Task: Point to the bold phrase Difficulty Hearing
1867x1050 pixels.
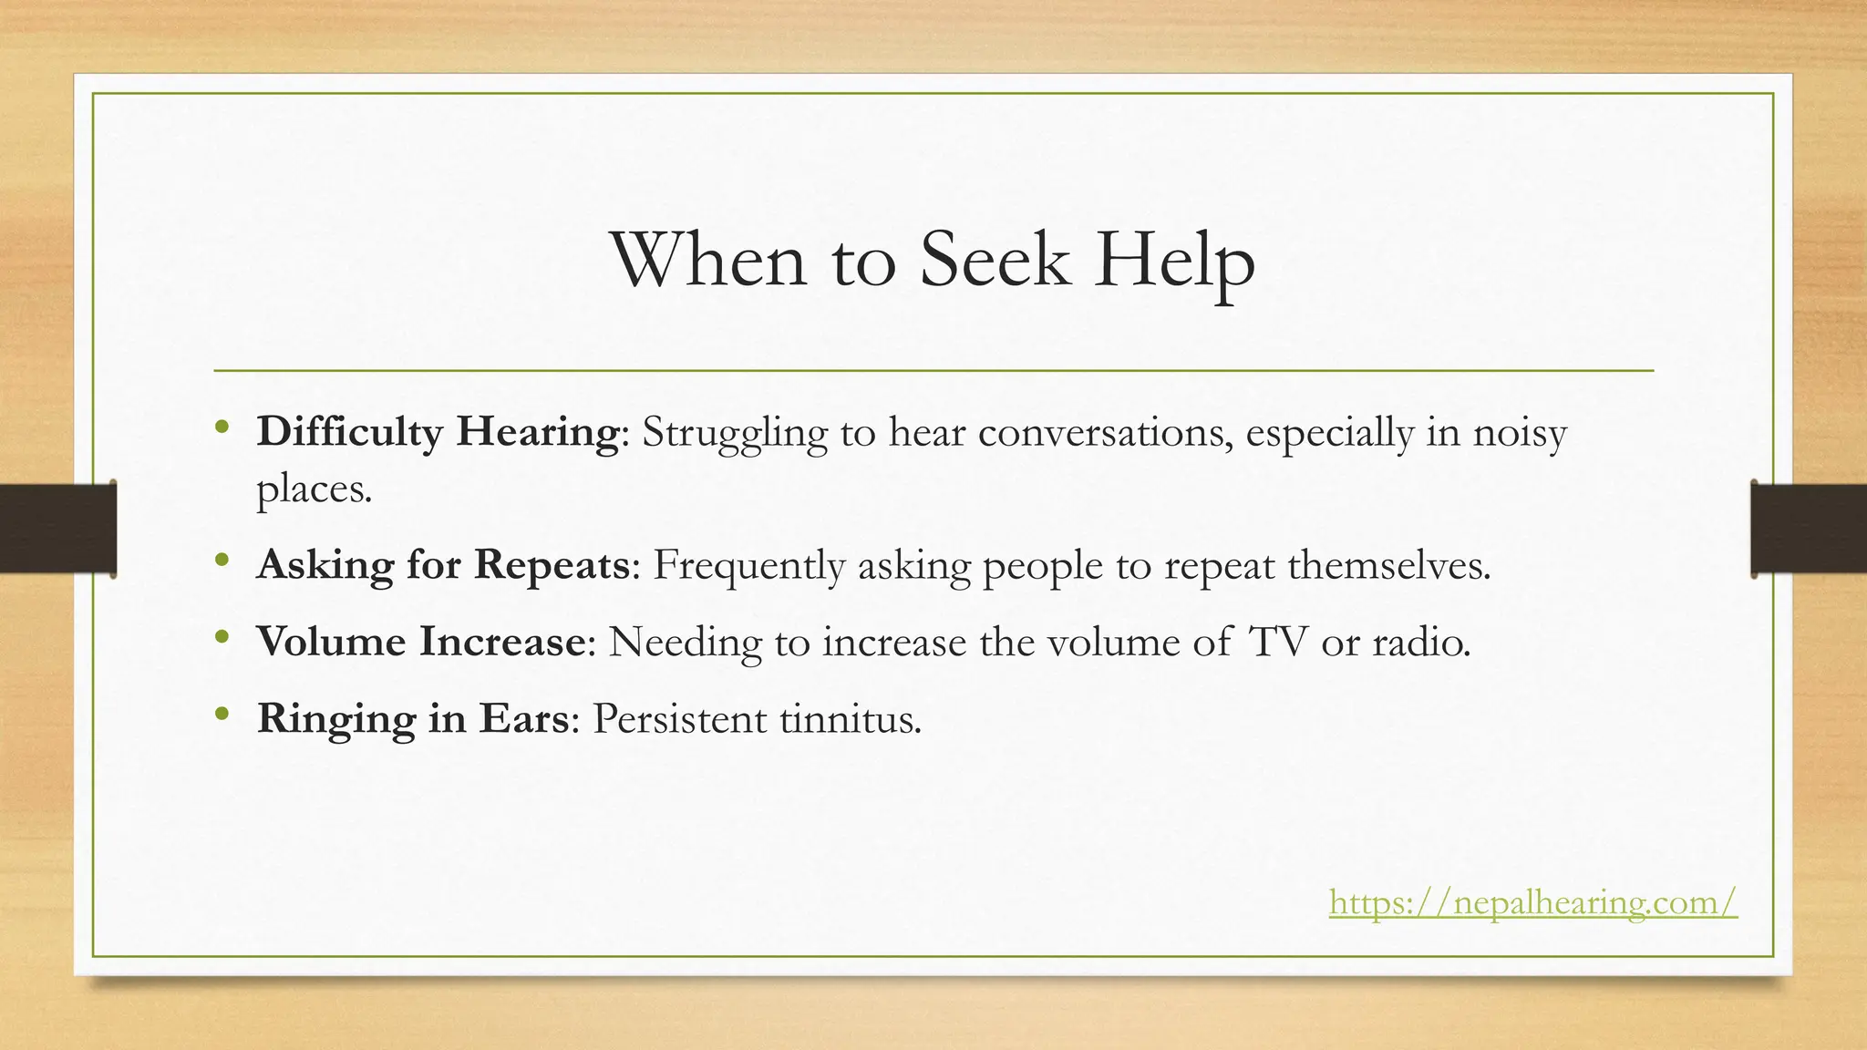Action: (x=438, y=432)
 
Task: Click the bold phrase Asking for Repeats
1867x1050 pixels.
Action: (x=443, y=565)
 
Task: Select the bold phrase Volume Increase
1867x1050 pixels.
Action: (x=420, y=642)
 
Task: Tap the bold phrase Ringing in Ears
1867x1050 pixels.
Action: (x=413, y=719)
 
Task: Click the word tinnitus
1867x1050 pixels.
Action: (x=851, y=719)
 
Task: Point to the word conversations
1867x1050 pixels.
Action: (x=1108, y=432)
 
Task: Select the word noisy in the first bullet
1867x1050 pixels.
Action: (x=1520, y=432)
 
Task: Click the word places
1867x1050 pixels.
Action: (x=314, y=490)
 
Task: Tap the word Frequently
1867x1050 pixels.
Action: (x=748, y=565)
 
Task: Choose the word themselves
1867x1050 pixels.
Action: (x=1389, y=565)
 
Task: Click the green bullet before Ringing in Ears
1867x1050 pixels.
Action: (x=222, y=715)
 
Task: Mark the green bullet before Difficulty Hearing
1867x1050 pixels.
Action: (x=222, y=427)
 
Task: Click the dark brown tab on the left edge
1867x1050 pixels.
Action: (x=57, y=529)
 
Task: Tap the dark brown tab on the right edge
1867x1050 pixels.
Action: (x=1809, y=529)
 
